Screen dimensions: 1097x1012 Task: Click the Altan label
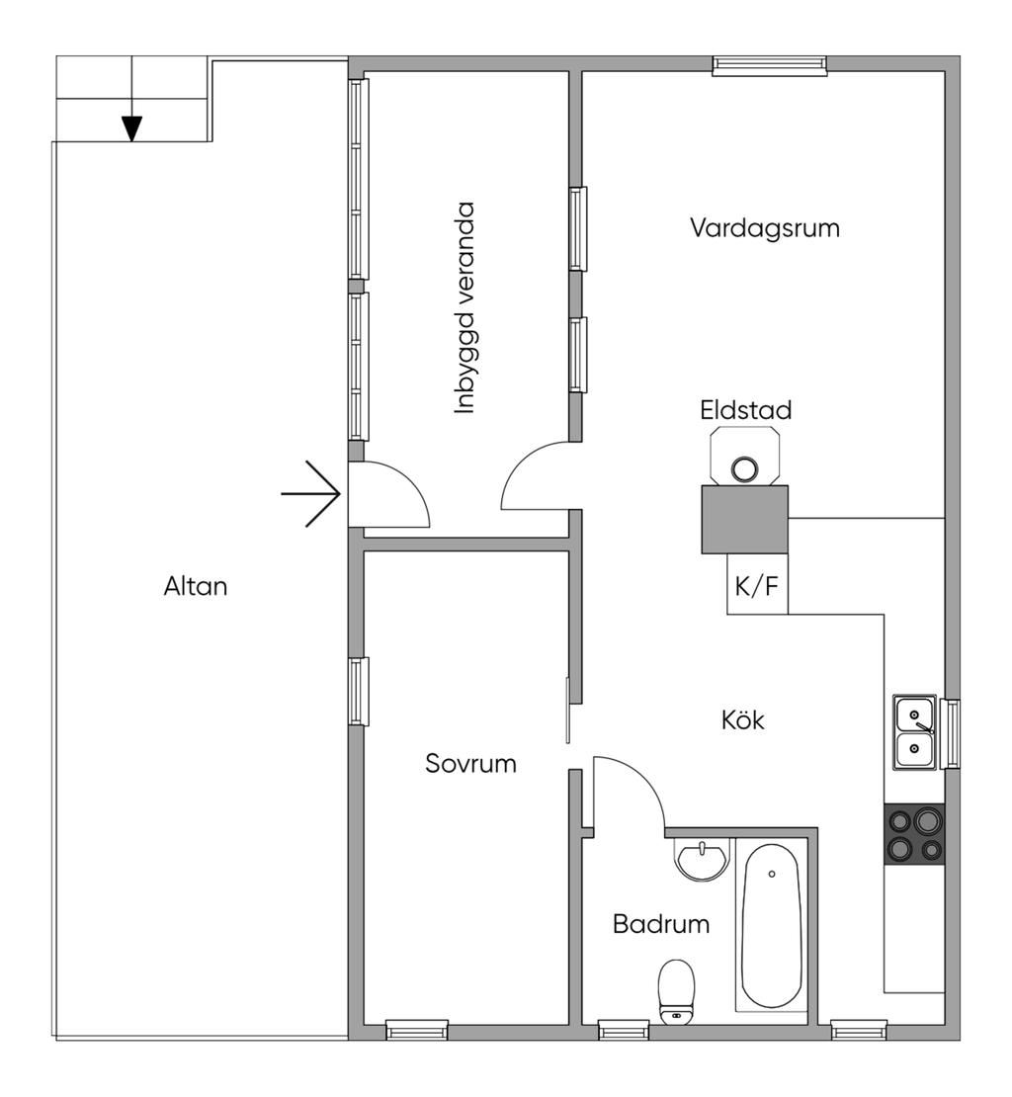pyautogui.click(x=196, y=586)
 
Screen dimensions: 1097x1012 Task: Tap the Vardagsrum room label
pyautogui.click(x=765, y=228)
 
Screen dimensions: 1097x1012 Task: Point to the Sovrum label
pyautogui.click(x=470, y=763)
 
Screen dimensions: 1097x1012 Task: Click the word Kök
pyautogui.click(x=743, y=720)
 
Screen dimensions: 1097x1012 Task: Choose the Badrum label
pyautogui.click(x=661, y=925)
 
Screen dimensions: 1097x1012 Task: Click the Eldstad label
pyautogui.click(x=746, y=410)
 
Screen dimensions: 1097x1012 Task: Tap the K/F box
pyautogui.click(x=757, y=585)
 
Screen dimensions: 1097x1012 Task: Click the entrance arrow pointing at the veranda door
pyautogui.click(x=312, y=493)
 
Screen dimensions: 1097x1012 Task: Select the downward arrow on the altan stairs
pyautogui.click(x=131, y=127)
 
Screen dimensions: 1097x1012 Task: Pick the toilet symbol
pyautogui.click(x=676, y=989)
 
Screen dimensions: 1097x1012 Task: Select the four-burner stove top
pyautogui.click(x=914, y=834)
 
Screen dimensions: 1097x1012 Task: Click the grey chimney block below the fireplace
pyautogui.click(x=744, y=519)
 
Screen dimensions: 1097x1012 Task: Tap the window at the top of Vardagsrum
pyautogui.click(x=770, y=65)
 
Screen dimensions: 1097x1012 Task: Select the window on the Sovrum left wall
pyautogui.click(x=358, y=691)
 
